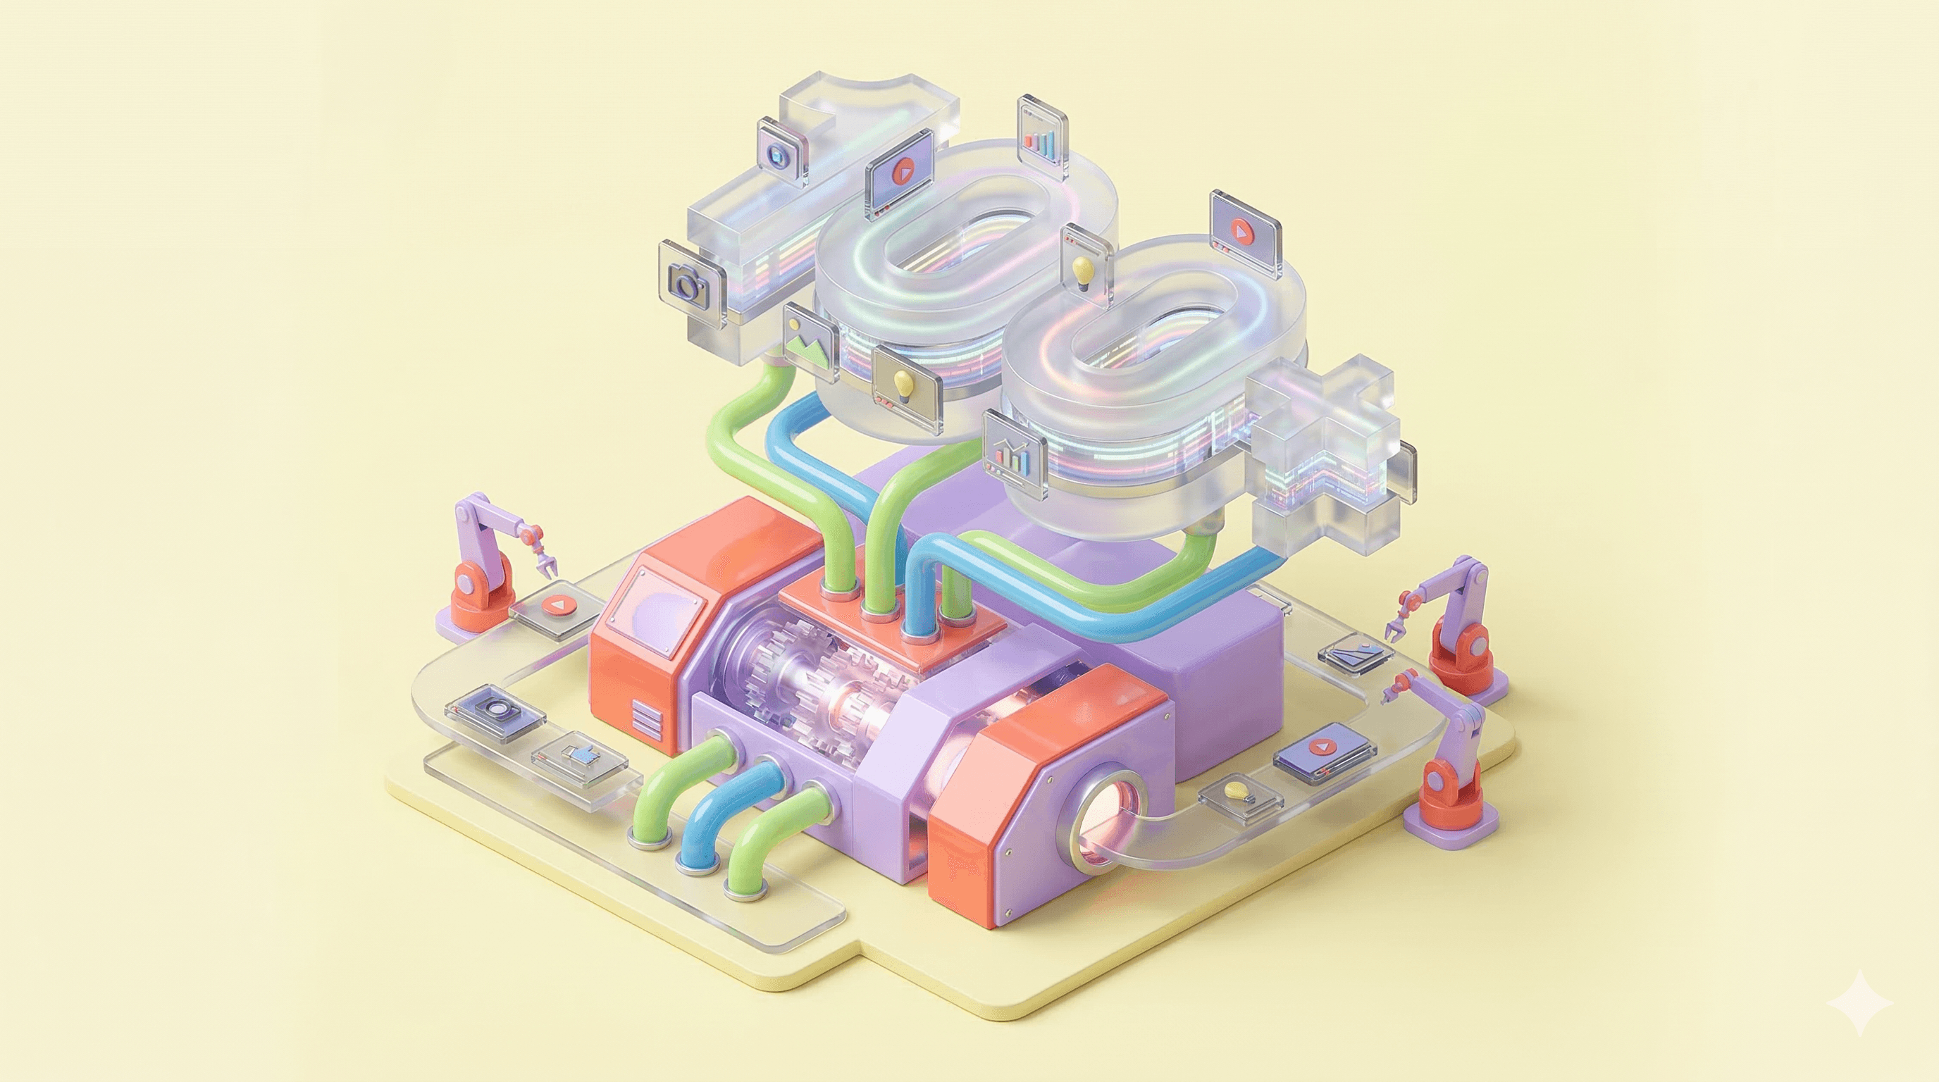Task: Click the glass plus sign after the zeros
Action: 1325,452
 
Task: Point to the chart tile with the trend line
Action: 1015,454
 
